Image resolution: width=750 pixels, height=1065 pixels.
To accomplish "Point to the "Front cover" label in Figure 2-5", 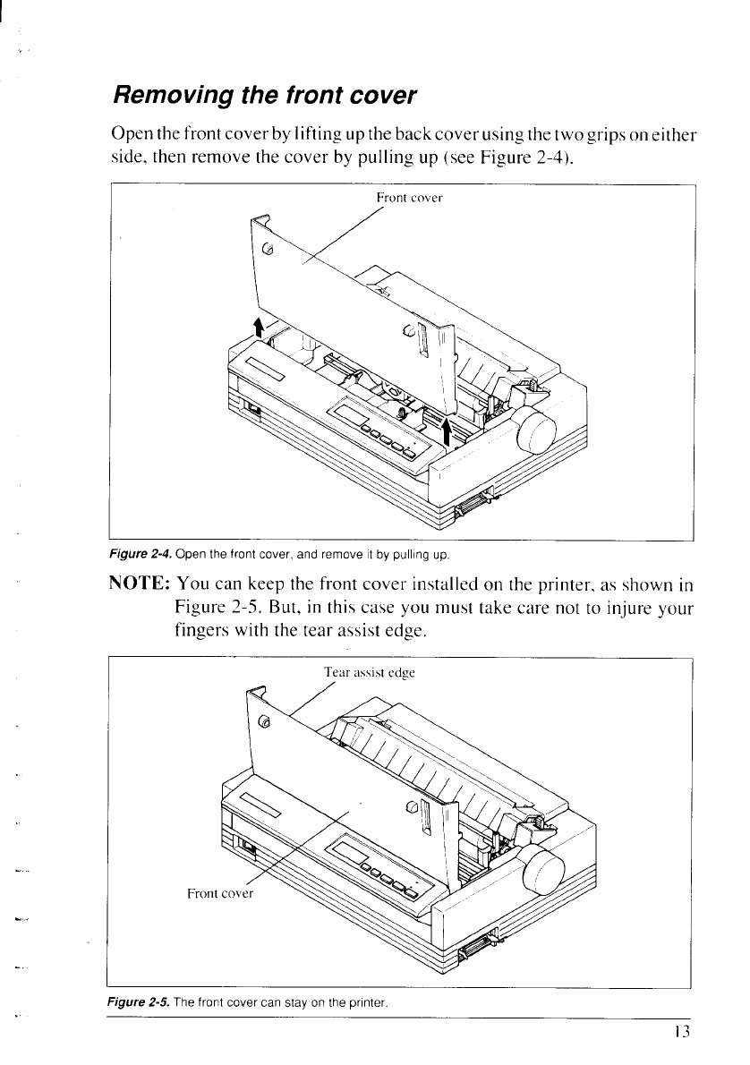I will pos(220,892).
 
